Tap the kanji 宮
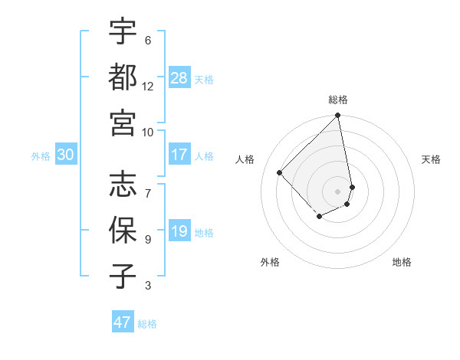click(123, 121)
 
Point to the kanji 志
click(123, 184)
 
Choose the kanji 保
click(123, 229)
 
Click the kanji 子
click(123, 276)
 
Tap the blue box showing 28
click(179, 77)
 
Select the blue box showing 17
click(179, 155)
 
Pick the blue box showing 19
click(179, 232)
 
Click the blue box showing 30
click(66, 155)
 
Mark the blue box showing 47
click(123, 322)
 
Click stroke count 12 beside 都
click(148, 86)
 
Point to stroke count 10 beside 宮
click(148, 131)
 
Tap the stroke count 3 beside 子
click(148, 286)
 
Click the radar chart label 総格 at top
click(338, 100)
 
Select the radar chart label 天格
click(432, 159)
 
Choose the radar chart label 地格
click(402, 262)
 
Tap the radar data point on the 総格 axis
click(337, 116)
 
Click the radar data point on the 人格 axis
click(280, 172)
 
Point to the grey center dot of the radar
click(337, 191)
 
